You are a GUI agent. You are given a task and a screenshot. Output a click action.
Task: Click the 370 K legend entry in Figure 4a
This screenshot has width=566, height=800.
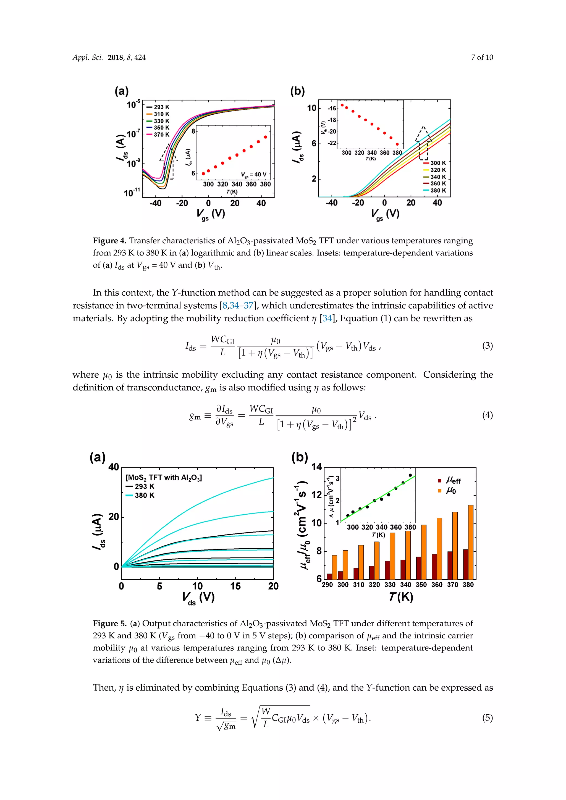tap(159, 135)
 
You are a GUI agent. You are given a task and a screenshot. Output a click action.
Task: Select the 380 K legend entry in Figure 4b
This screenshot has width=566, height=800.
tap(435, 191)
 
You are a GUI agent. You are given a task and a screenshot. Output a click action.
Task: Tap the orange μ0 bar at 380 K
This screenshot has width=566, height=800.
tap(470, 542)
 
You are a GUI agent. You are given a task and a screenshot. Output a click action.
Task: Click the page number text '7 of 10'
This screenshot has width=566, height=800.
tap(482, 57)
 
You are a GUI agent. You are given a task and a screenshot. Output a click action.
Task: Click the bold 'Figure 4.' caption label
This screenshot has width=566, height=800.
tap(109, 241)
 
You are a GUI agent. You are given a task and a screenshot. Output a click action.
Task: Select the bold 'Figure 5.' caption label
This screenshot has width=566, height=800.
tap(109, 623)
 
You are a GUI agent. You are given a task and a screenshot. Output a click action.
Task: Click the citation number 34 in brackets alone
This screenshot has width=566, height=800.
tap(327, 319)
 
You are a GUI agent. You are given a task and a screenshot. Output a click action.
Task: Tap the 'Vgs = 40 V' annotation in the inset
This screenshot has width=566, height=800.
tap(253, 175)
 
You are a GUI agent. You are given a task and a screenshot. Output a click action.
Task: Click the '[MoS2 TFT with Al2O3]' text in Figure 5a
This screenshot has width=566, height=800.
tap(163, 478)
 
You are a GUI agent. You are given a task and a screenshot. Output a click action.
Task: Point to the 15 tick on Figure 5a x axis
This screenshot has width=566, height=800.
tap(235, 586)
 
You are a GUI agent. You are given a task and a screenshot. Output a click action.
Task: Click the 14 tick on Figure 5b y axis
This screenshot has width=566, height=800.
tap(316, 467)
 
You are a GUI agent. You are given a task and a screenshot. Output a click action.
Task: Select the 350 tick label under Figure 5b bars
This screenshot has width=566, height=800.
tap(421, 585)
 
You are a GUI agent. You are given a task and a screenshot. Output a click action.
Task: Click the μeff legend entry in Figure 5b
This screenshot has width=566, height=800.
tap(450, 481)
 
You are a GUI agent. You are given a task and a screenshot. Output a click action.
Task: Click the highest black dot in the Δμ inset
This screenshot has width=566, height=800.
tap(410, 475)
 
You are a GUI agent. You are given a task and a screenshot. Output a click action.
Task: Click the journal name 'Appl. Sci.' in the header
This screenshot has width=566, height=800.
tap(88, 57)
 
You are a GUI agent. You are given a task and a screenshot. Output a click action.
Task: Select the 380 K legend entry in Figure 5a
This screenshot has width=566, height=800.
tap(140, 496)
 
